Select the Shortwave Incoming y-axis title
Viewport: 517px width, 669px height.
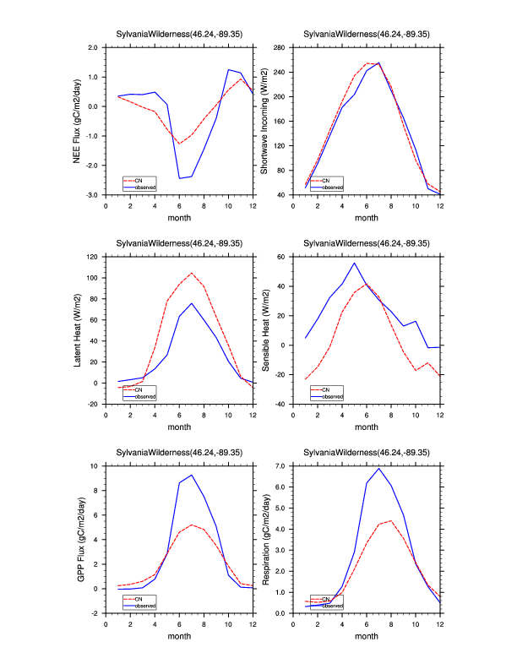pos(264,121)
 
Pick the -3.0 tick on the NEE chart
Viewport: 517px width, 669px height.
pos(92,195)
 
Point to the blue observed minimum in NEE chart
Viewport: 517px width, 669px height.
pos(179,178)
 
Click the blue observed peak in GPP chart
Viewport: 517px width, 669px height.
pos(192,475)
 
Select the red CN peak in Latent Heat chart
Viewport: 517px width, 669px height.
pos(192,273)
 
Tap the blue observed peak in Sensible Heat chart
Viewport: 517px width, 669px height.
pos(355,263)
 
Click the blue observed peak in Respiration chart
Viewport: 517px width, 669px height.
pos(379,468)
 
